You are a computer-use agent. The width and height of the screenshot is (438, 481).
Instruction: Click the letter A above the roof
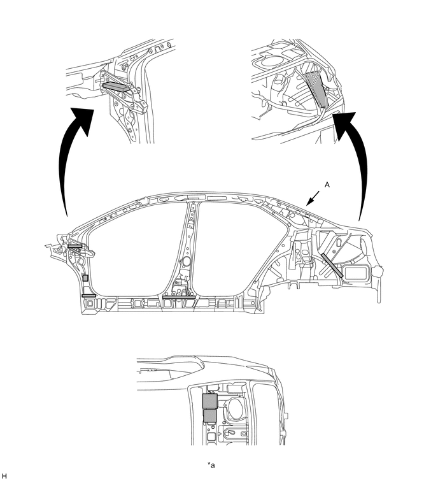coord(327,185)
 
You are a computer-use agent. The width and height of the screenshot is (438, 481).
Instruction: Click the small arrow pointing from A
coord(313,198)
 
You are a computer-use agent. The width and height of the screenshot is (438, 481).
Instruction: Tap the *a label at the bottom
coord(211,465)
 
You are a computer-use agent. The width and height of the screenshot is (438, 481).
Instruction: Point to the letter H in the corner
coord(3,475)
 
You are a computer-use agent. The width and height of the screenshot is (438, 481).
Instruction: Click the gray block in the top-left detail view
coord(115,87)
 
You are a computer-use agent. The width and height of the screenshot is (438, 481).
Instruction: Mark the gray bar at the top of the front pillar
coord(75,246)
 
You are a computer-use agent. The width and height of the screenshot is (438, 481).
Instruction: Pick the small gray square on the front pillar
coord(85,278)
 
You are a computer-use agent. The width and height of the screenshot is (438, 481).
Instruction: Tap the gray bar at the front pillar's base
coord(89,296)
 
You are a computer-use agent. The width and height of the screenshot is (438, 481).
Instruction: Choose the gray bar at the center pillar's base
coord(179,297)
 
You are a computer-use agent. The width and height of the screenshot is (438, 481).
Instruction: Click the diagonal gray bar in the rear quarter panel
coord(332,266)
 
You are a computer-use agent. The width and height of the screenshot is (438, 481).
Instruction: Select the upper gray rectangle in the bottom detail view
coord(210,401)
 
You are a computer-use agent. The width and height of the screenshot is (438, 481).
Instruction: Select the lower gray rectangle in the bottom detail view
coord(210,415)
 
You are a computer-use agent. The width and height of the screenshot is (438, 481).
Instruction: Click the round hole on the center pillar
coord(185,261)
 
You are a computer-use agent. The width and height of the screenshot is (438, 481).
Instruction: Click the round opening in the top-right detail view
coord(269,61)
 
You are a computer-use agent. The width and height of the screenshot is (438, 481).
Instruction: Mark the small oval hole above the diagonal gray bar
coord(339,243)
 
